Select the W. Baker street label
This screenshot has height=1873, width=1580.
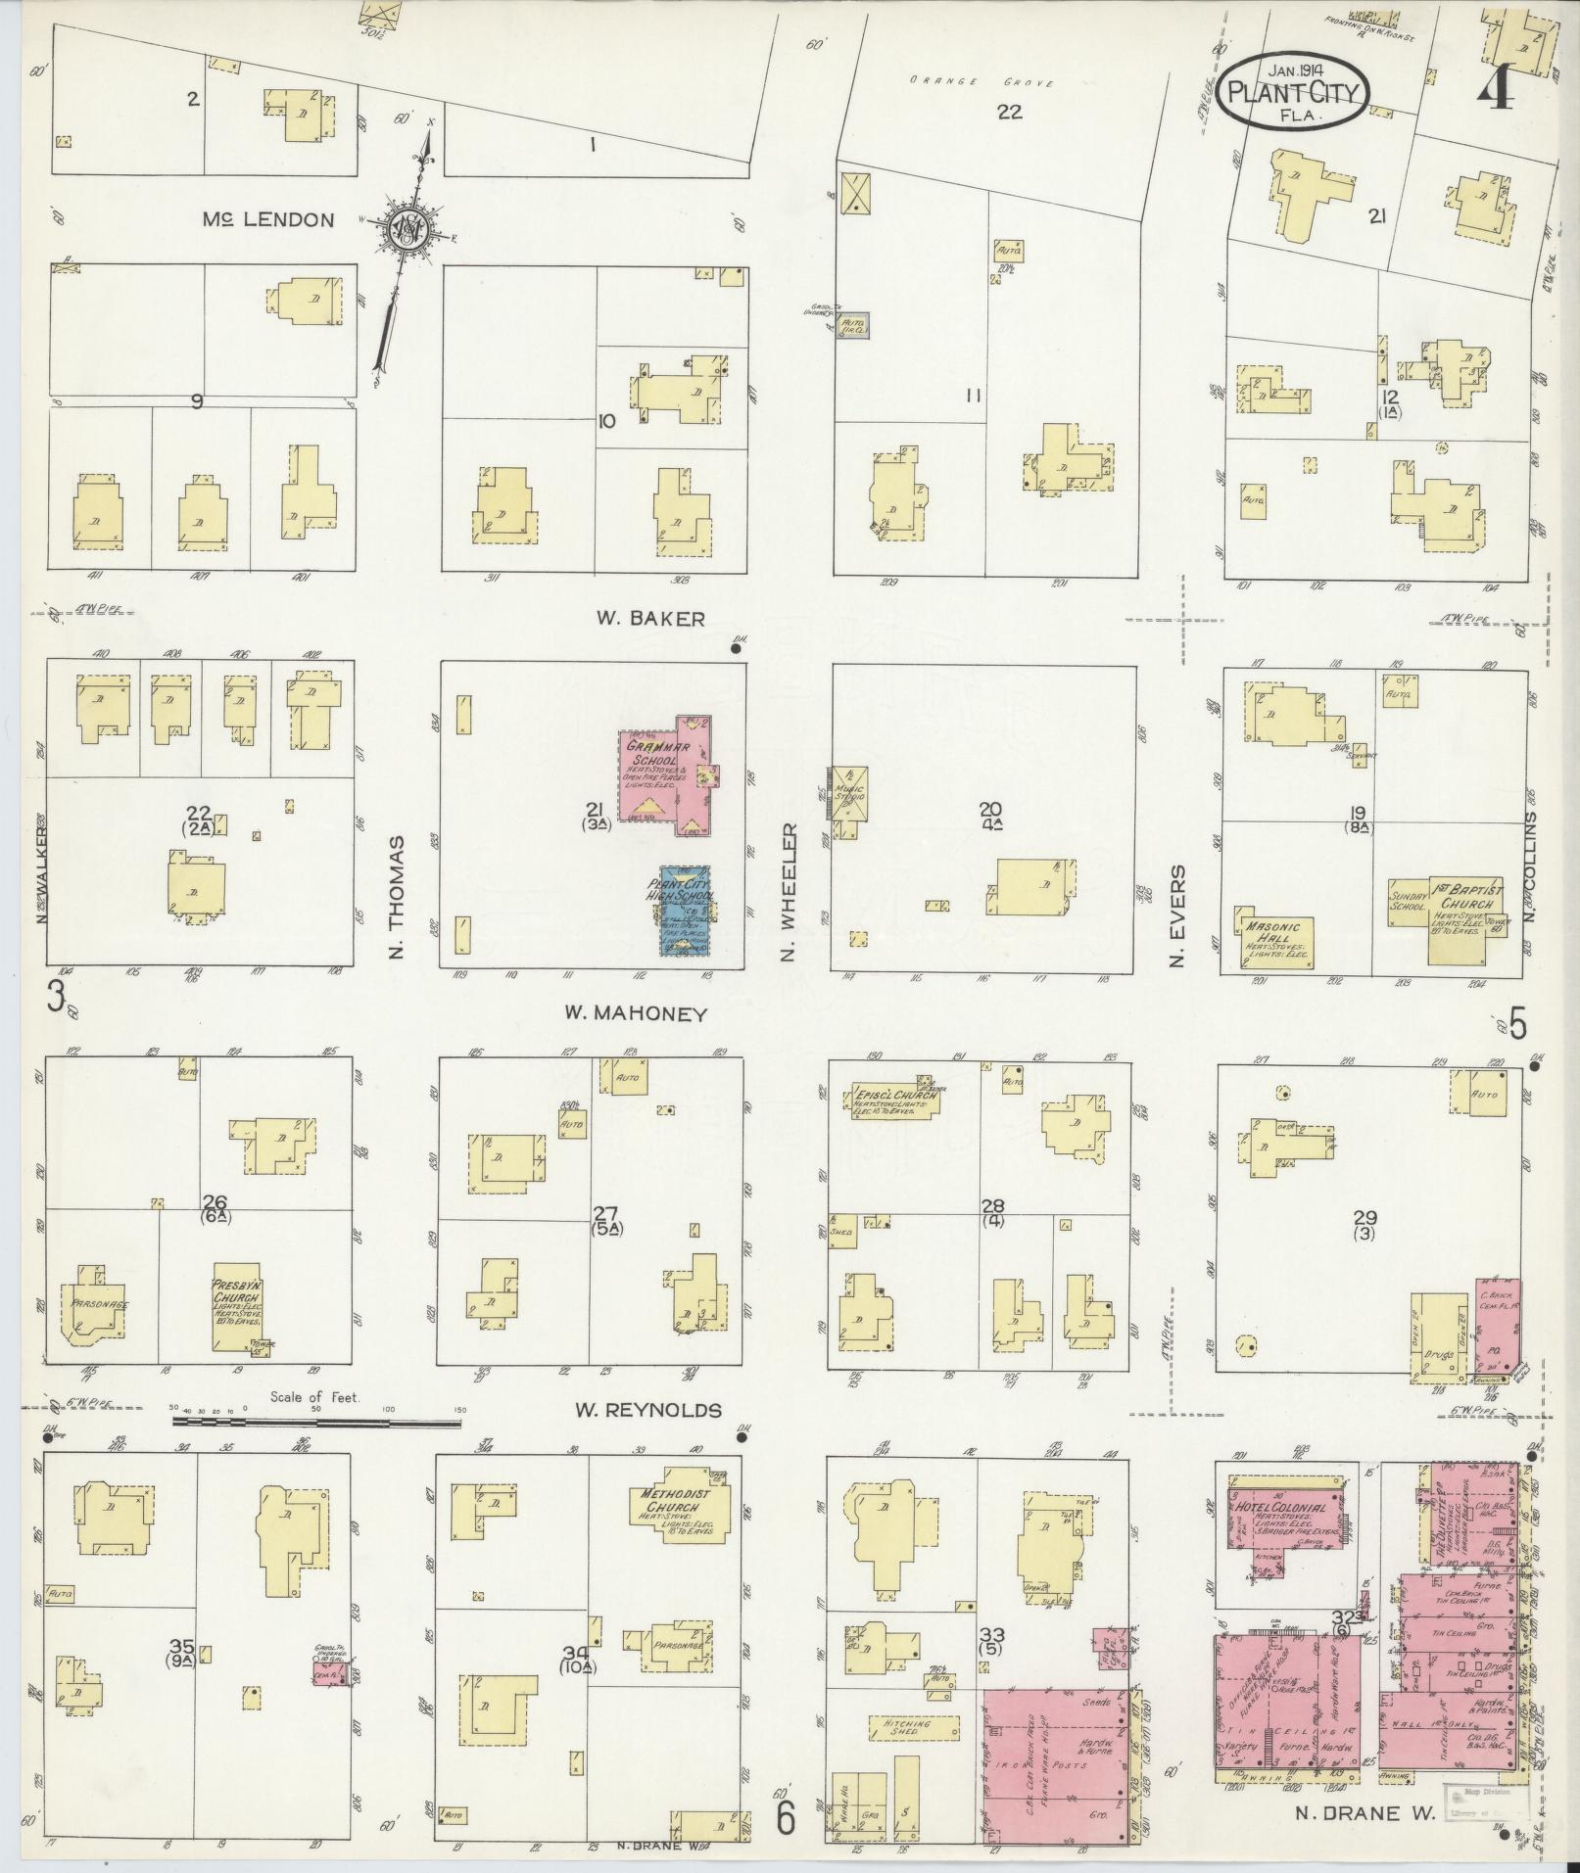point(649,618)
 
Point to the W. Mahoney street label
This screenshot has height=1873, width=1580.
point(635,1014)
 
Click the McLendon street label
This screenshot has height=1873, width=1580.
point(267,219)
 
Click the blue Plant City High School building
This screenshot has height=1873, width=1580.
point(685,911)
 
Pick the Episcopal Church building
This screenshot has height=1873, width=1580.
point(892,1100)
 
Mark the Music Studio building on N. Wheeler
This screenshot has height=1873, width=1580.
point(849,794)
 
